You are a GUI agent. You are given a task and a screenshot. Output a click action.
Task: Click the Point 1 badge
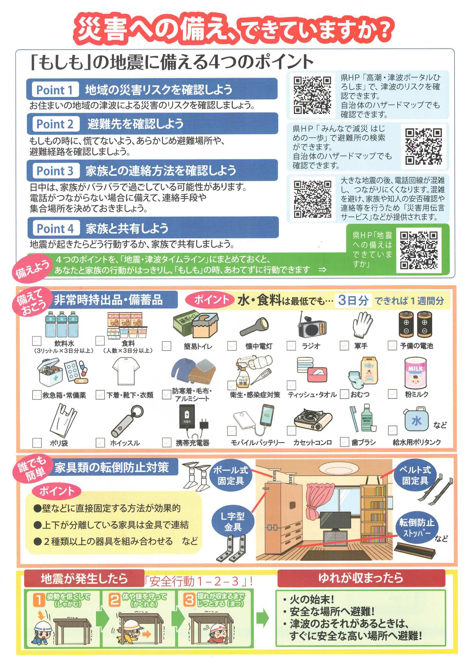point(54,90)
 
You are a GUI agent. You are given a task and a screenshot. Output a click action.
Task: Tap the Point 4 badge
point(55,228)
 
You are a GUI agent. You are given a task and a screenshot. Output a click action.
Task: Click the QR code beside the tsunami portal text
point(312,95)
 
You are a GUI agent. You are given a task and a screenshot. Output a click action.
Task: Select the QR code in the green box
point(419,250)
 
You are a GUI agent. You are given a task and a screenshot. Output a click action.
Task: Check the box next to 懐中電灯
point(232,346)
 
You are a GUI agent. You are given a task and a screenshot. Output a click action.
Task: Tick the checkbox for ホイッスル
point(100,443)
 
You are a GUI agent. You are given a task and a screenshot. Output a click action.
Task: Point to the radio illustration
point(312,325)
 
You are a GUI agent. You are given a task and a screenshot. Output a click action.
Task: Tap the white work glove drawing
point(362,325)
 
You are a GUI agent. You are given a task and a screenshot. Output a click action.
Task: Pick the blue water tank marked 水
point(416,419)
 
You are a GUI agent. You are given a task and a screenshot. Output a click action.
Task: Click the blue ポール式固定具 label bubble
point(230,475)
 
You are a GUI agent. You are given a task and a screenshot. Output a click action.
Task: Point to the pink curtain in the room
point(319,503)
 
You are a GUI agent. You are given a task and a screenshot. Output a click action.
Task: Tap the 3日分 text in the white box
point(353,300)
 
